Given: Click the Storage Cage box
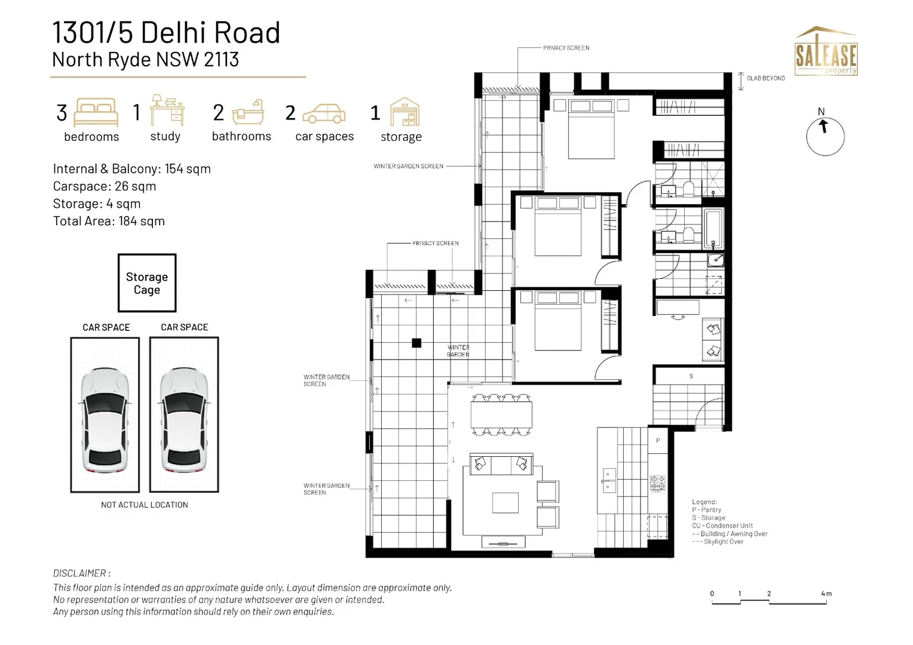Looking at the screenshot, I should click(147, 283).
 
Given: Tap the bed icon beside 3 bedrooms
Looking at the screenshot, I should click(96, 112).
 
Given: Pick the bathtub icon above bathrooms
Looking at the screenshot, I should click(248, 112).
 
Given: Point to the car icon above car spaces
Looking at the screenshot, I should click(324, 113).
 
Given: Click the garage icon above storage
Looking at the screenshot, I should click(405, 112).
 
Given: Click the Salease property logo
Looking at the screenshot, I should click(826, 52).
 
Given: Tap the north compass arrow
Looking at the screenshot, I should click(824, 127).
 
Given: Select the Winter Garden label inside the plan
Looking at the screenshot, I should click(458, 351).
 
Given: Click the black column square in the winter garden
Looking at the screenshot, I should click(416, 343).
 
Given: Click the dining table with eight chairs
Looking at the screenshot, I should click(501, 414).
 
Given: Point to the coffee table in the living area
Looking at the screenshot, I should click(505, 502).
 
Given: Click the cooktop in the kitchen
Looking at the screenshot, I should click(657, 483).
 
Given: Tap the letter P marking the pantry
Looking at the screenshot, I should click(658, 441).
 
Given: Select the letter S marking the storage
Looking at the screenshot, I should click(691, 376).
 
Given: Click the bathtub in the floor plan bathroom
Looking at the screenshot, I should click(713, 228).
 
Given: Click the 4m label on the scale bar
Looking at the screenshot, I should click(826, 594).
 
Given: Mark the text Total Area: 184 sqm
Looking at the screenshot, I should click(109, 221).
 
